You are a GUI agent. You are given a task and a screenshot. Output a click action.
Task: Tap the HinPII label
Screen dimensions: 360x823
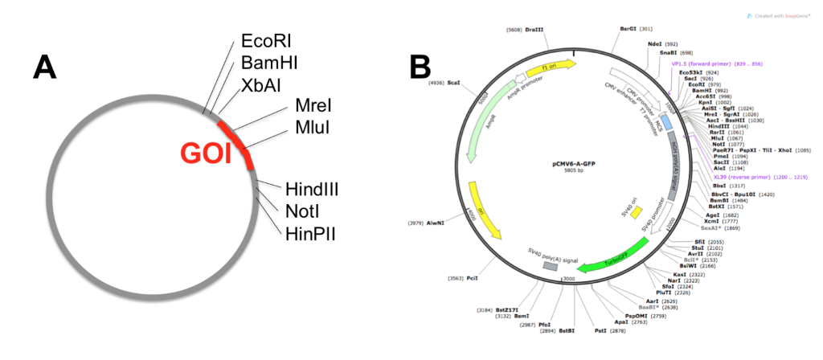pos(309,232)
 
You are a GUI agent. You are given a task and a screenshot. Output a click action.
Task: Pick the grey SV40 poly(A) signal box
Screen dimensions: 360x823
pos(550,265)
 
